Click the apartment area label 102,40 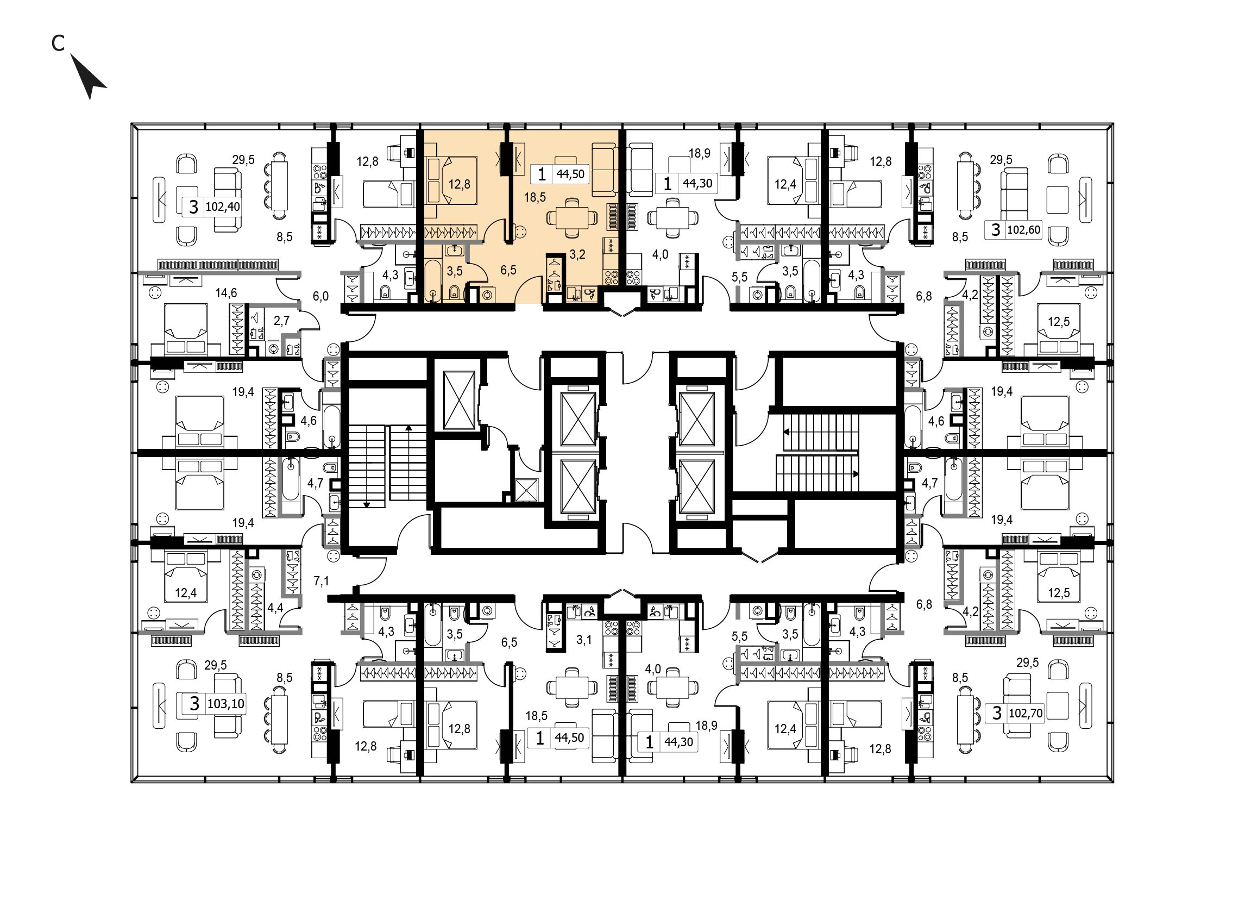(223, 207)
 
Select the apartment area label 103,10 (225, 703)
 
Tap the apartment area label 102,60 (1023, 229)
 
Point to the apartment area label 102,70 (1026, 713)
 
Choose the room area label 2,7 (281, 320)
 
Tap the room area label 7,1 (322, 580)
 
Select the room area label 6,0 (320, 296)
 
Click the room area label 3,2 (577, 254)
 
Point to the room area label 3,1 (584, 639)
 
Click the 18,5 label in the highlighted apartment (535, 197)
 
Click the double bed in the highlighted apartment (451, 180)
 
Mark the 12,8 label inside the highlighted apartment (460, 184)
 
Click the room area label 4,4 (275, 607)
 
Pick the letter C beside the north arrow (58, 43)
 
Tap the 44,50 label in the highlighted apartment (570, 174)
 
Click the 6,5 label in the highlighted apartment (508, 270)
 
